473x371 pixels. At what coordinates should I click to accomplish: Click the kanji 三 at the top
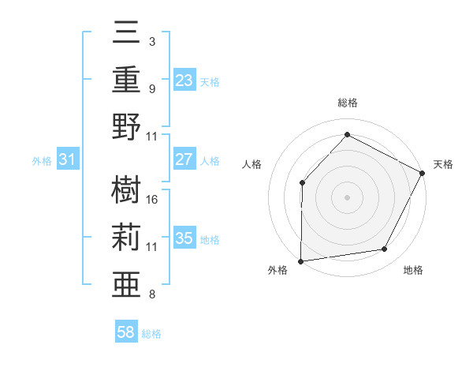126,34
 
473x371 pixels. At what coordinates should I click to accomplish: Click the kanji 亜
126,283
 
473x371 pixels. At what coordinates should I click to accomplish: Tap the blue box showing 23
184,80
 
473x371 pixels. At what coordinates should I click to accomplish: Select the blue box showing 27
184,159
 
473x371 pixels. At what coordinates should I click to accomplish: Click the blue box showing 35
184,238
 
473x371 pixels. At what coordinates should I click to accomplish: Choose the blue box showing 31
68,159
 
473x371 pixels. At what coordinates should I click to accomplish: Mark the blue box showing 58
126,332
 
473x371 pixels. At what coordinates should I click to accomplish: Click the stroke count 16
153,199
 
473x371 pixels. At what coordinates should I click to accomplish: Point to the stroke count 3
152,41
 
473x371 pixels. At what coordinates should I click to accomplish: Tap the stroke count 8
152,294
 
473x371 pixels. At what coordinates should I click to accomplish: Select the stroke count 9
152,88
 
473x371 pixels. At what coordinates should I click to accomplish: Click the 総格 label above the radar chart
347,103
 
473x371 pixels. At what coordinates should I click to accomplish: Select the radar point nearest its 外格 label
300,261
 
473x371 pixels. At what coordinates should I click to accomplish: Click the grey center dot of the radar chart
347,197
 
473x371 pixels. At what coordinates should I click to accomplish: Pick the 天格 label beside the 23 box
210,81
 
